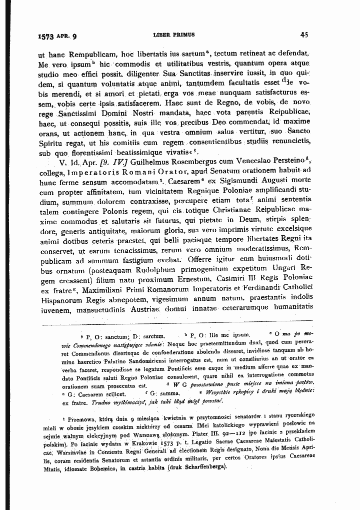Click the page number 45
coord(303,36)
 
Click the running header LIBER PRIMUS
coord(177,36)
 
